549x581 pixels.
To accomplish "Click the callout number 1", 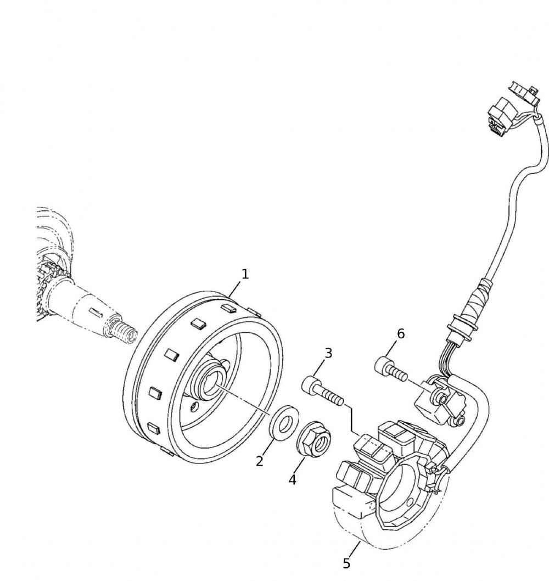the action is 245,274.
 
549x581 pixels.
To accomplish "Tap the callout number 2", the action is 260,460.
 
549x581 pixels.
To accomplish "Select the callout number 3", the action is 328,353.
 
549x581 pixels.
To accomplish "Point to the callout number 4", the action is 293,479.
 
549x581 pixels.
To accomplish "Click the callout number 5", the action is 346,563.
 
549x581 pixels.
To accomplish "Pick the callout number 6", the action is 401,333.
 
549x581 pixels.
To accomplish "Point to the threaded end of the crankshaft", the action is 124,332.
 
